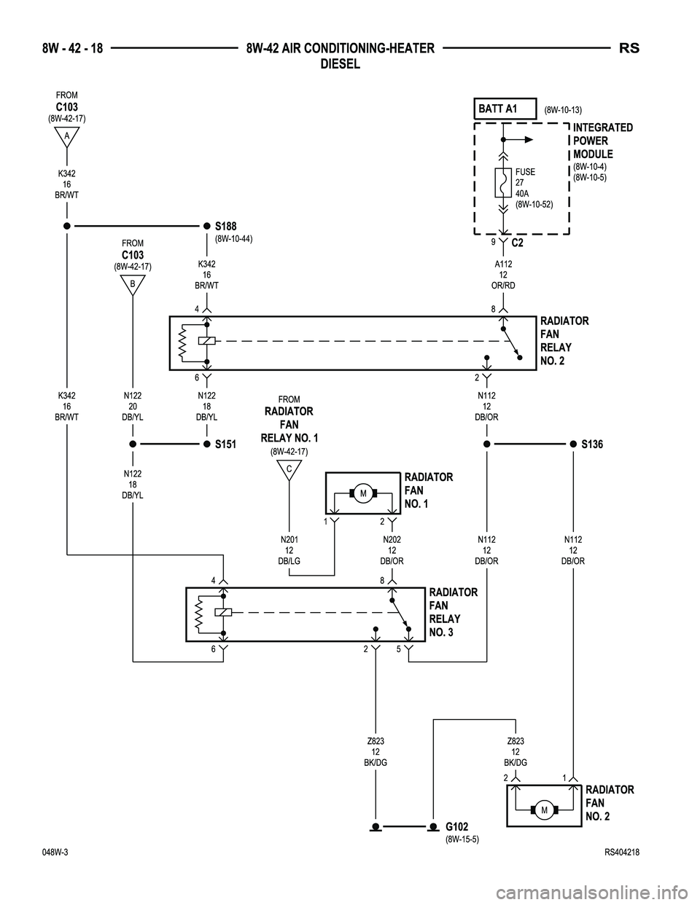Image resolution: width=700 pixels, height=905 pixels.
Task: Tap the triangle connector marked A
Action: point(66,136)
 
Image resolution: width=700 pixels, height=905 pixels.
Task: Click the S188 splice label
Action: point(226,227)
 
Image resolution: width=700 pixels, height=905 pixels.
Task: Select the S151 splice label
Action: point(226,444)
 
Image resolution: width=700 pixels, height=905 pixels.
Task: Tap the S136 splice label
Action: point(592,444)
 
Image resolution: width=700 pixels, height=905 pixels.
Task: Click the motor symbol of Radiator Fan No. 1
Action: point(362,495)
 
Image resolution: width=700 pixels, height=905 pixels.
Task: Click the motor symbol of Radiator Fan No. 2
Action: point(544,810)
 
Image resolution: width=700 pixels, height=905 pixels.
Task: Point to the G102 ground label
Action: point(457,826)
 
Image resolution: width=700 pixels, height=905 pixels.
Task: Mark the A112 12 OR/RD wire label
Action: point(503,275)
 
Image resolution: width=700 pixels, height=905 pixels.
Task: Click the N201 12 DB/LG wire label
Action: point(289,550)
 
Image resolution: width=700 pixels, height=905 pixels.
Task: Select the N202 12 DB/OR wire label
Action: point(392,550)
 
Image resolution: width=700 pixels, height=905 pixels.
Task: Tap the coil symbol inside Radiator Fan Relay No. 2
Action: point(206,341)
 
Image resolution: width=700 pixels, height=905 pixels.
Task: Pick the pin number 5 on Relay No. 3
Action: point(399,649)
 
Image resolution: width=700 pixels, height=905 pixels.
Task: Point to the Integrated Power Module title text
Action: point(602,141)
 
